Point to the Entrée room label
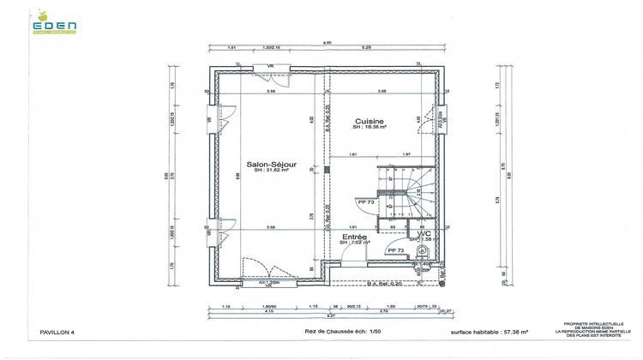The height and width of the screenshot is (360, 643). pos(355,236)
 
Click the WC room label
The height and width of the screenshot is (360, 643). pos(424,233)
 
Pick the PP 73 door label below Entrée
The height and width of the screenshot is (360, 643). pos(395,250)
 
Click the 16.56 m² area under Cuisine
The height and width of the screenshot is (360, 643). pos(370,128)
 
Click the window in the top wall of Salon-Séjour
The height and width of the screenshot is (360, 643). pos(269,67)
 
